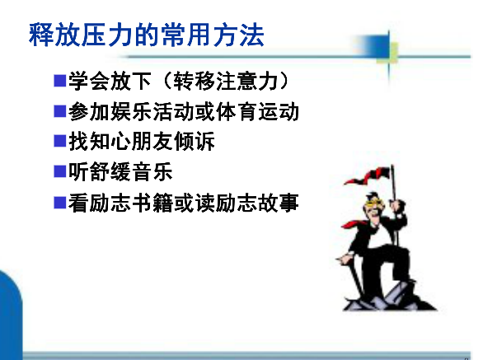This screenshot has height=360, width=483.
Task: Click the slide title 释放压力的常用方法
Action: [x=147, y=35]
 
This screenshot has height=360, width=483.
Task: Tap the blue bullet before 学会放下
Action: [x=60, y=81]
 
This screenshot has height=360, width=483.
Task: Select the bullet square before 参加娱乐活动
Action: [x=60, y=111]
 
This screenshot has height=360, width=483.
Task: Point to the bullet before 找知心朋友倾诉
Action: [x=60, y=142]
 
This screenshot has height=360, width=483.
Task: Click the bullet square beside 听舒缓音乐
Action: [x=60, y=171]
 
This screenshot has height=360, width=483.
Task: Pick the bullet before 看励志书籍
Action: [x=60, y=203]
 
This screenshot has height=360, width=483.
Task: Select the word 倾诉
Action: [x=195, y=142]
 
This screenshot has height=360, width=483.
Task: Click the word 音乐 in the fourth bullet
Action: [x=152, y=171]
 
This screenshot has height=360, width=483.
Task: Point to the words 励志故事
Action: [x=257, y=203]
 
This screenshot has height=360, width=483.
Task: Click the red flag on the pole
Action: [x=368, y=176]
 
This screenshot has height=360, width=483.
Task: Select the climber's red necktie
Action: [x=354, y=224]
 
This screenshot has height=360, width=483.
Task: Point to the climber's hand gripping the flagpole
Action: [x=397, y=205]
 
